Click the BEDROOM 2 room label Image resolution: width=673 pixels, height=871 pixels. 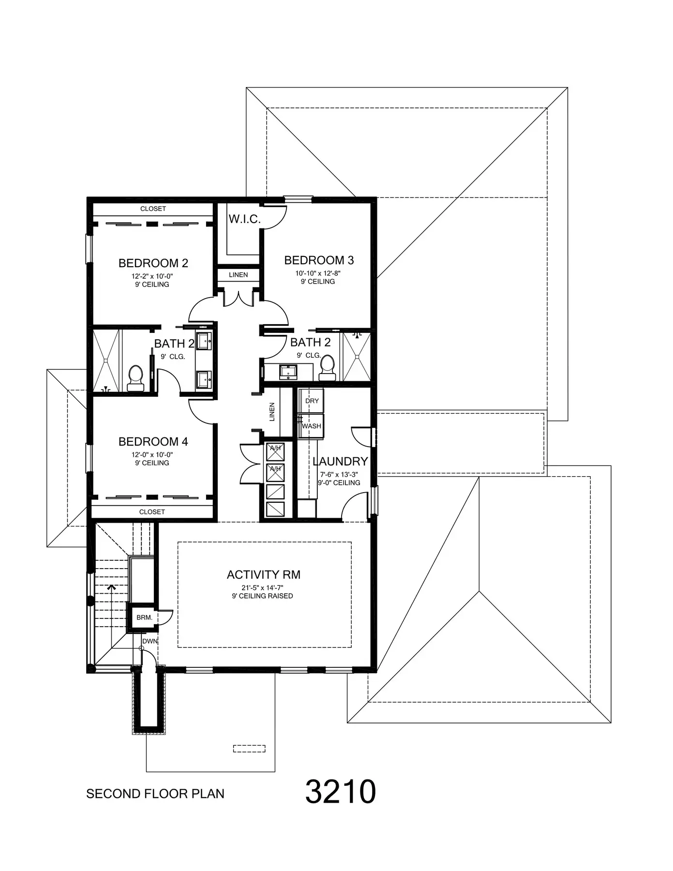153,263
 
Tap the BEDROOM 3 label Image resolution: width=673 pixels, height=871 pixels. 319,260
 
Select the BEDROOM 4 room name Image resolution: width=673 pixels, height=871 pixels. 153,442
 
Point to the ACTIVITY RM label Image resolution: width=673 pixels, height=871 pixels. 264,575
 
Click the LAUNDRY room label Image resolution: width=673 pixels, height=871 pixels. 340,462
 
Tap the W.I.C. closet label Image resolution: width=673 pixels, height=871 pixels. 244,219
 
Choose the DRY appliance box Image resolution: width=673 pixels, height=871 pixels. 312,401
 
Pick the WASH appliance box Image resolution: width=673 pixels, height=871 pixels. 311,426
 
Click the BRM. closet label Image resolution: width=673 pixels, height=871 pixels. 144,617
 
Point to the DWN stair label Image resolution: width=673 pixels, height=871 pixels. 150,641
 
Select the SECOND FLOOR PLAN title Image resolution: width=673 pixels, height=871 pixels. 155,794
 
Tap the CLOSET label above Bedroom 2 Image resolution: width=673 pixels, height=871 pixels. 153,209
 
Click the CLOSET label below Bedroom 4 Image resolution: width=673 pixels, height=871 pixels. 152,512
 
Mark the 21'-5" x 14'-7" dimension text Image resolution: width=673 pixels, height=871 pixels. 262,588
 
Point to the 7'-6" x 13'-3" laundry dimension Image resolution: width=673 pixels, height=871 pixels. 339,475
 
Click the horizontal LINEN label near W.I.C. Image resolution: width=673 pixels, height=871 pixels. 238,275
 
